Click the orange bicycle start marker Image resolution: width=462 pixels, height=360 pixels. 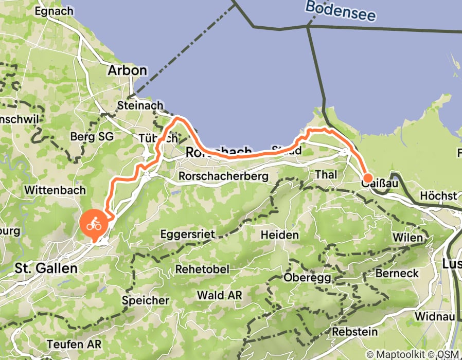[94, 225]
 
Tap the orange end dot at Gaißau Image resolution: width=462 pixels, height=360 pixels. [368, 179]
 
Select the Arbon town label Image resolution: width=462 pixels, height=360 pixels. [127, 70]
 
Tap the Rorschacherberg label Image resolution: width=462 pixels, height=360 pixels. [224, 176]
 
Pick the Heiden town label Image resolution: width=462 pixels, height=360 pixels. [280, 235]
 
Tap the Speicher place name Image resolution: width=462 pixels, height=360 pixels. [146, 300]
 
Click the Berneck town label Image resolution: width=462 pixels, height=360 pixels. [397, 273]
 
